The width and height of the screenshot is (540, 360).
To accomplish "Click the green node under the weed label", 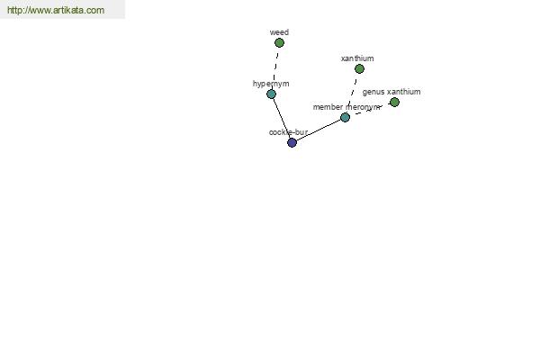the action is point(279,42).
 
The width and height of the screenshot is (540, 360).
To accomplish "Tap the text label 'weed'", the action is point(279,32).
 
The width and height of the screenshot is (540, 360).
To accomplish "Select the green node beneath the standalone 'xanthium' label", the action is point(359,69).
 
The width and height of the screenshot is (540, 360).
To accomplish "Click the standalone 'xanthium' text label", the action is point(357,58).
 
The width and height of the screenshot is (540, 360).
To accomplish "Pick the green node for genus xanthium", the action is point(394,102).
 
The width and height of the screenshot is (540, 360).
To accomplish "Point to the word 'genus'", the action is point(373,93).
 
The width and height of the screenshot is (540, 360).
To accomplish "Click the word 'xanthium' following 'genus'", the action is point(403,92).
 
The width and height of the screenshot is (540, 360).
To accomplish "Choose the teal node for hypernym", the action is point(272,94).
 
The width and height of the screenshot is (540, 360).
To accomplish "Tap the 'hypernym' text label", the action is point(271,84).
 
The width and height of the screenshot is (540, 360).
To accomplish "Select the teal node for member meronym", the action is point(345,118).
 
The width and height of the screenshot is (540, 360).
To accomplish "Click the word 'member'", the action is point(328,107).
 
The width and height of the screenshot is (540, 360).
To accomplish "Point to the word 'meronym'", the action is point(363,107).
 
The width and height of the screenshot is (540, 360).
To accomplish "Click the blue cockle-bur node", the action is point(292,142).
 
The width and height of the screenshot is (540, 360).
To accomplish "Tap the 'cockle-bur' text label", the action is point(288,132).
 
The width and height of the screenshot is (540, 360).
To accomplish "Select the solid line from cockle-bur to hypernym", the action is point(282,118).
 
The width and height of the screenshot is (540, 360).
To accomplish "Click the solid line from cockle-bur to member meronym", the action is point(319,130).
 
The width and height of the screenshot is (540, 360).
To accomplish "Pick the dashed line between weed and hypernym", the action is point(275,68).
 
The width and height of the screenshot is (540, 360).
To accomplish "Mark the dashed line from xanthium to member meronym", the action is point(352,93).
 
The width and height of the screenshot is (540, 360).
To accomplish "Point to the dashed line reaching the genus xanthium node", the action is point(370,110).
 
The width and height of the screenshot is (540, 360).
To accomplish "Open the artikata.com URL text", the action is point(56,10).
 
